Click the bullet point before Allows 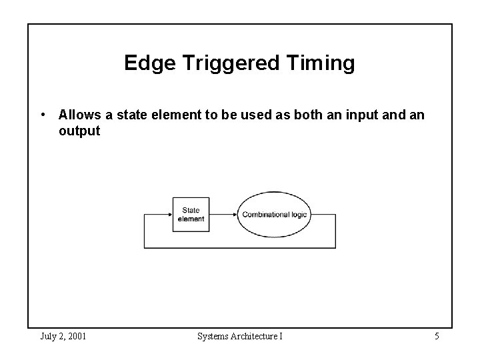43,115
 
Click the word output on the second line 79,131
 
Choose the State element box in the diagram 191,215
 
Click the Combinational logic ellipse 275,215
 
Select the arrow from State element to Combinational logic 223,215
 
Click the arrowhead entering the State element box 169,215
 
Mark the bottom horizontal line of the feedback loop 240,248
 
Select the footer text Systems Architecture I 240,336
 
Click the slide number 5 436,336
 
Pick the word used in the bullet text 240,115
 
